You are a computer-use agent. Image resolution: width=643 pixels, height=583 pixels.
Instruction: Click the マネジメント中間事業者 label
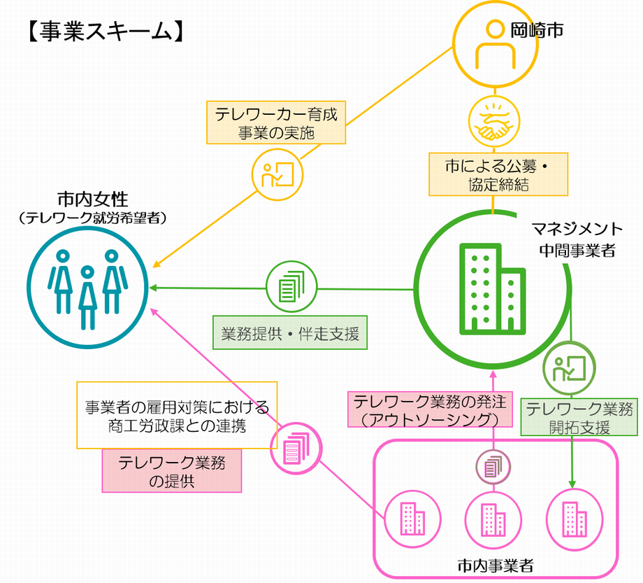(x=577, y=239)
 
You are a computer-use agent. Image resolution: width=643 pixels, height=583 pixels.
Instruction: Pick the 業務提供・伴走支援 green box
(x=289, y=334)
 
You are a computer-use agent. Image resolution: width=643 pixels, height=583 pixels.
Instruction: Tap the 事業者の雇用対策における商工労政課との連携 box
(x=177, y=415)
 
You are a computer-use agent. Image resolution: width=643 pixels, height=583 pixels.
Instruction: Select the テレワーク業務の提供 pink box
(x=172, y=470)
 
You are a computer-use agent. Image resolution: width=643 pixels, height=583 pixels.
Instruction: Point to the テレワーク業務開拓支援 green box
(x=579, y=418)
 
